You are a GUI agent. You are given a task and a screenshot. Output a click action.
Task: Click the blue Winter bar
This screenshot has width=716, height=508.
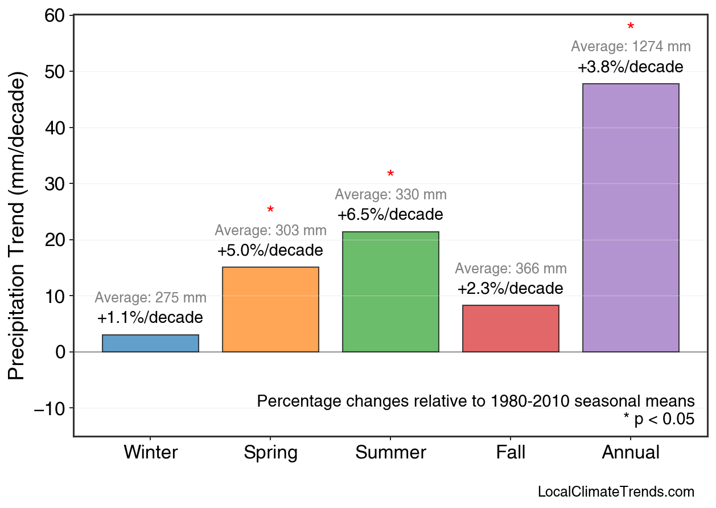[x=150, y=343]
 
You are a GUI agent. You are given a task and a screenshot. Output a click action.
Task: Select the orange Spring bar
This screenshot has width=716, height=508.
[x=270, y=309]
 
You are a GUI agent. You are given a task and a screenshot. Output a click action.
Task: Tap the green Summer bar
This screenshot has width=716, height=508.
[x=390, y=292]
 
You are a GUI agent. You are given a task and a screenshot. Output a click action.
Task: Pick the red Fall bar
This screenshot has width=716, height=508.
[x=511, y=329]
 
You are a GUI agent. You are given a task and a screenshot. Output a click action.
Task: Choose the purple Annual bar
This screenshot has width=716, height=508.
[x=631, y=218]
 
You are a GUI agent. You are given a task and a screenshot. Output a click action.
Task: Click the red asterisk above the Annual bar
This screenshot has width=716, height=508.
[x=631, y=27]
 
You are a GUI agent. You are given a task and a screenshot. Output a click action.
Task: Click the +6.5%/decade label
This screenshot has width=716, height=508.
[x=390, y=215]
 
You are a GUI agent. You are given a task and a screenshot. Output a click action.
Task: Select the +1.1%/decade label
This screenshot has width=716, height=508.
[x=150, y=317]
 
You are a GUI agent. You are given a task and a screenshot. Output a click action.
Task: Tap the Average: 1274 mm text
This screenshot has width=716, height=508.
[x=631, y=47]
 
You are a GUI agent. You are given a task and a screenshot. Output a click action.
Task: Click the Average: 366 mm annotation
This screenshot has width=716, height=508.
[x=511, y=269]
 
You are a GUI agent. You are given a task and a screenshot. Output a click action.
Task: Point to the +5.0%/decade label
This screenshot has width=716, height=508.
[x=270, y=251]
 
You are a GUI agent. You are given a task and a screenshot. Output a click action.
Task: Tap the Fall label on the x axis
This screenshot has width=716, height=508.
[x=511, y=453]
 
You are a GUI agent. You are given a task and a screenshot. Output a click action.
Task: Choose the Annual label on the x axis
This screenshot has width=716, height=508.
[x=631, y=453]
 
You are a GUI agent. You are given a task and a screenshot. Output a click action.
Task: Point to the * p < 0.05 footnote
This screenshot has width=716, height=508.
[x=659, y=420]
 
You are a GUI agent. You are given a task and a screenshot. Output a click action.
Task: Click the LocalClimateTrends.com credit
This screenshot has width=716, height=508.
[x=616, y=492]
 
